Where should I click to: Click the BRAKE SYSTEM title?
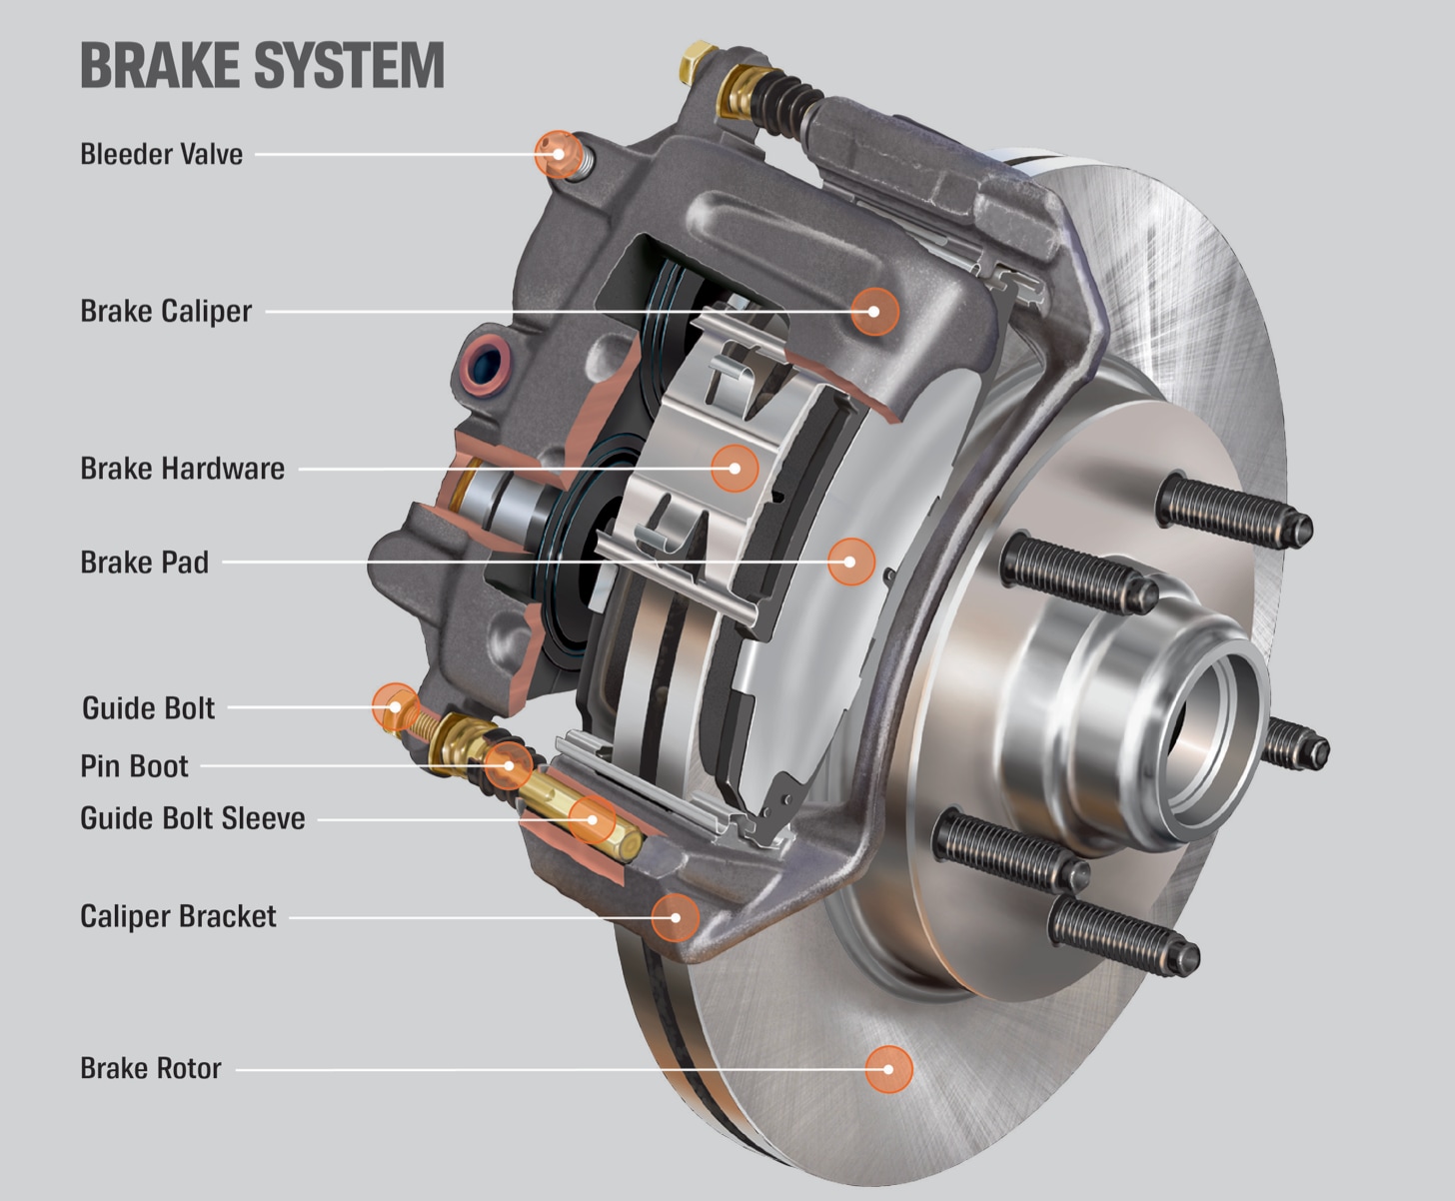[262, 66]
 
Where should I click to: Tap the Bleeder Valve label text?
[161, 154]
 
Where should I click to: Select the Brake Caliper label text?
[166, 311]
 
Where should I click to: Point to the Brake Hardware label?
[182, 468]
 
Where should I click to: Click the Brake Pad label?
[144, 562]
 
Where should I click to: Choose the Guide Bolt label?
[148, 707]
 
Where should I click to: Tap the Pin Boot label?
[134, 765]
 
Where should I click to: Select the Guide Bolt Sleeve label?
[192, 818]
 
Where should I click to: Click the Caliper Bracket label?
[178, 916]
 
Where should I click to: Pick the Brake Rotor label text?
[150, 1068]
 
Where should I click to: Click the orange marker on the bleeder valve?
[558, 154]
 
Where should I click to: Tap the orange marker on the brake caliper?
[874, 311]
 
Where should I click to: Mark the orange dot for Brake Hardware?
[734, 468]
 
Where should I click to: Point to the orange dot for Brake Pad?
[850, 562]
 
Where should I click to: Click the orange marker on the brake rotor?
[888, 1069]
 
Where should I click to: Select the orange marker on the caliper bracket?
[676, 917]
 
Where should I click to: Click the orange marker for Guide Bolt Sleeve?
[593, 820]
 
